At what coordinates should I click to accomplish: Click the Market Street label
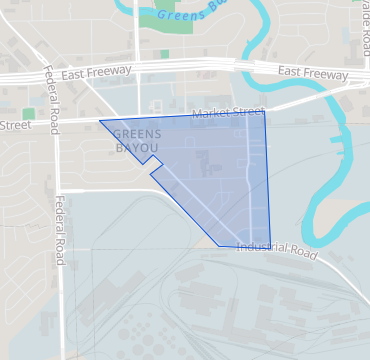(221, 113)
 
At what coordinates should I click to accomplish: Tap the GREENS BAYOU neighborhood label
(136, 141)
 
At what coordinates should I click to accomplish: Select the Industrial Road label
(277, 249)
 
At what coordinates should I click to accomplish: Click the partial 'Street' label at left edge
(15, 125)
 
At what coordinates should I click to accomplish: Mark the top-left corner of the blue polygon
(99, 121)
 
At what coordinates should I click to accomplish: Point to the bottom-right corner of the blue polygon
(271, 247)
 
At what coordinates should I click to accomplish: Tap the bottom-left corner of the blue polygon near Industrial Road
(220, 245)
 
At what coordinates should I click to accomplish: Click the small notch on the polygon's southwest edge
(153, 171)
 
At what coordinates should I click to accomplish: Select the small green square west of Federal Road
(28, 114)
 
